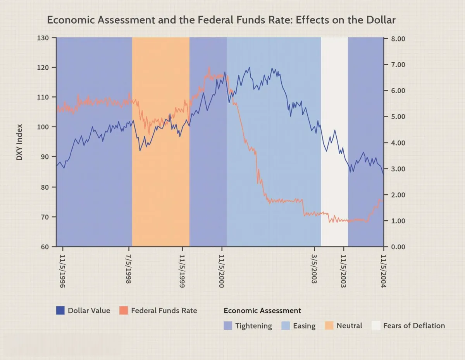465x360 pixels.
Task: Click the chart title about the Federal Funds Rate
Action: click(221, 20)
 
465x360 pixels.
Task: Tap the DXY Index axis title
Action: click(19, 142)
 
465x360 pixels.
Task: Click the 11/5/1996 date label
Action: click(62, 271)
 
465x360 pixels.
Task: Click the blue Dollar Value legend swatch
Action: click(60, 310)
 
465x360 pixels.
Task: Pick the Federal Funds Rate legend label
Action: click(164, 310)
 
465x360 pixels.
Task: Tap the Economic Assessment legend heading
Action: click(262, 310)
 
